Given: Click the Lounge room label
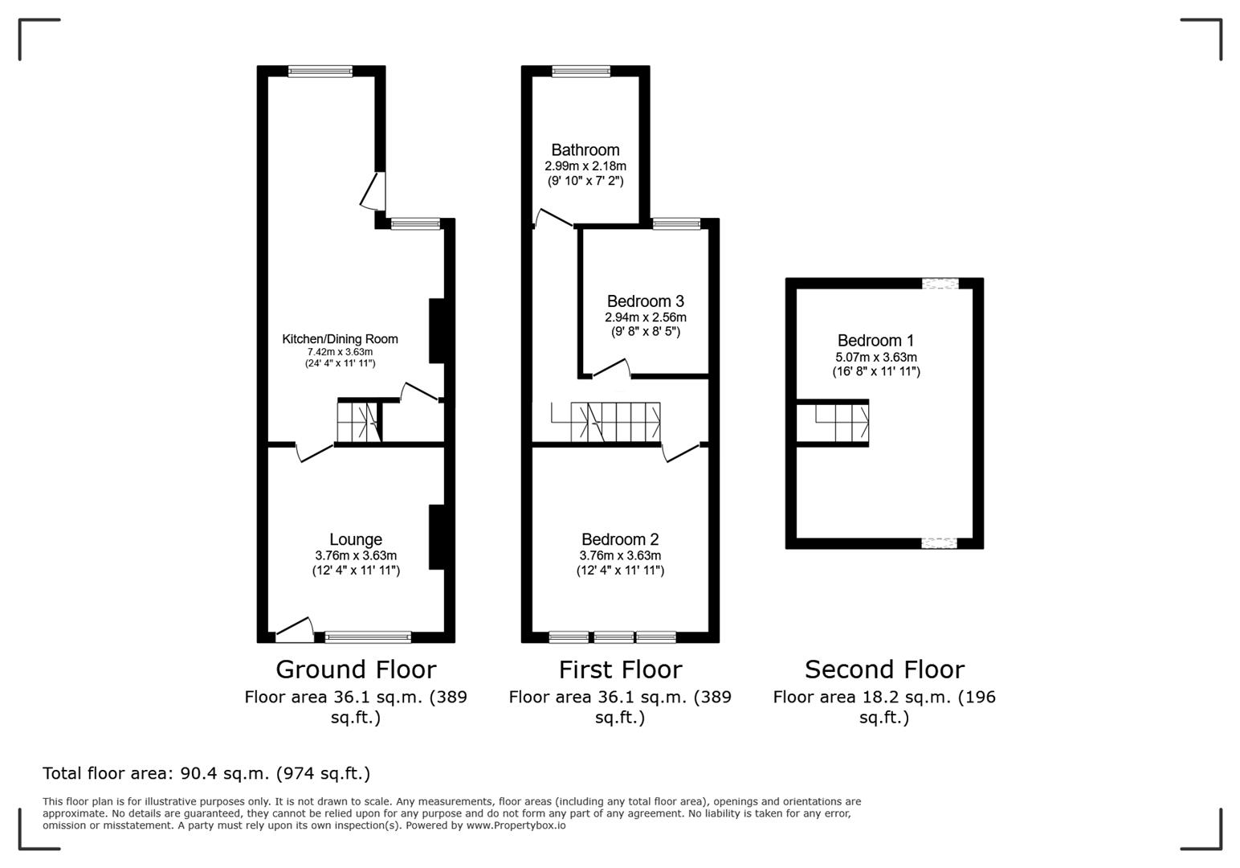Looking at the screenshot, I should click(355, 540).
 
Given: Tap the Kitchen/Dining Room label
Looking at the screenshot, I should click(340, 339).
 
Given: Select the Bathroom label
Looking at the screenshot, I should click(585, 150).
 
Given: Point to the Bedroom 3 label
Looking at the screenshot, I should click(645, 301).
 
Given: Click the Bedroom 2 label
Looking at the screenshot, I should click(620, 540).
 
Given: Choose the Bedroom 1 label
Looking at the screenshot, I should click(875, 341).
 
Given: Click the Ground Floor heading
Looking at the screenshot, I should click(356, 669).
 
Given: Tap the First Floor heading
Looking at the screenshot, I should click(620, 669).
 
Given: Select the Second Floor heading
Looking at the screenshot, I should click(884, 669).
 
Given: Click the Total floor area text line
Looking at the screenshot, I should click(206, 773).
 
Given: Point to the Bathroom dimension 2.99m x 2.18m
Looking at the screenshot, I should click(585, 166).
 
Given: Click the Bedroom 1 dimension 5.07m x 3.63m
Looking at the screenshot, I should click(875, 358).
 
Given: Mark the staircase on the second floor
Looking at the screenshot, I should click(841, 422).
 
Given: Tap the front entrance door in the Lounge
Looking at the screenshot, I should click(294, 630).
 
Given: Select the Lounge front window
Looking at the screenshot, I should click(368, 637).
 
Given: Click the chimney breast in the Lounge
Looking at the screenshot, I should click(436, 537).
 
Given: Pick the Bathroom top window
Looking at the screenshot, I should click(581, 72).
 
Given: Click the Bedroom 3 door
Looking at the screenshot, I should click(610, 368).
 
